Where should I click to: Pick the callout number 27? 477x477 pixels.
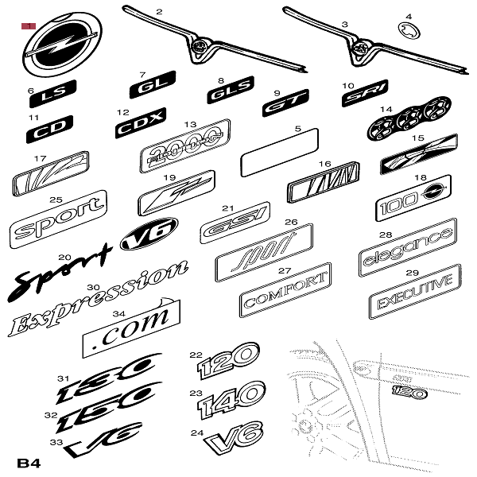tap(284, 270)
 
